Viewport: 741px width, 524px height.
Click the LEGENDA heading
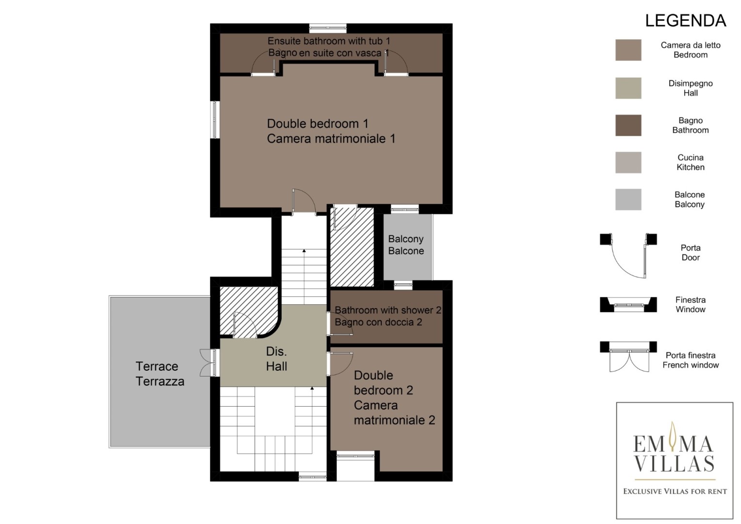tap(685, 20)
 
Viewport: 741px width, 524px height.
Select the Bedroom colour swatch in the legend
tap(628, 50)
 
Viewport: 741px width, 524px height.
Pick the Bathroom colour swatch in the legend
tap(628, 125)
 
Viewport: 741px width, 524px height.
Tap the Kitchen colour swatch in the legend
tap(628, 162)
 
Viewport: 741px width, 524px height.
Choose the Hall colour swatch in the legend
tap(628, 88)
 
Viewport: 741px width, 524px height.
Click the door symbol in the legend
tap(628, 256)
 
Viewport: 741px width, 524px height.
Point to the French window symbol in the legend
tap(628, 357)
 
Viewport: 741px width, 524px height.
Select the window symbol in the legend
tap(628, 305)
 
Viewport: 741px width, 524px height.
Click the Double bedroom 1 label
tap(331, 131)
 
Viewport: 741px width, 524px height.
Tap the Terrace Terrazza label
tap(160, 374)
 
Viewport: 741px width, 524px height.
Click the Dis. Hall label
tap(276, 359)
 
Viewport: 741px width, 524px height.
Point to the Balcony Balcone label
tap(406, 245)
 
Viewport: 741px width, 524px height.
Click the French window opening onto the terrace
tap(209, 362)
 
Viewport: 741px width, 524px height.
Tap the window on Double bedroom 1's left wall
tap(215, 119)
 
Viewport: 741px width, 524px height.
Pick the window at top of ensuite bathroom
tap(328, 28)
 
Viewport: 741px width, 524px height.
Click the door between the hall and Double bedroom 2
tap(341, 363)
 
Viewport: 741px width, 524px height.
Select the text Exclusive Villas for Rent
tap(675, 491)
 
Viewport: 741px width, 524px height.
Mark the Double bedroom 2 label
tap(394, 397)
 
